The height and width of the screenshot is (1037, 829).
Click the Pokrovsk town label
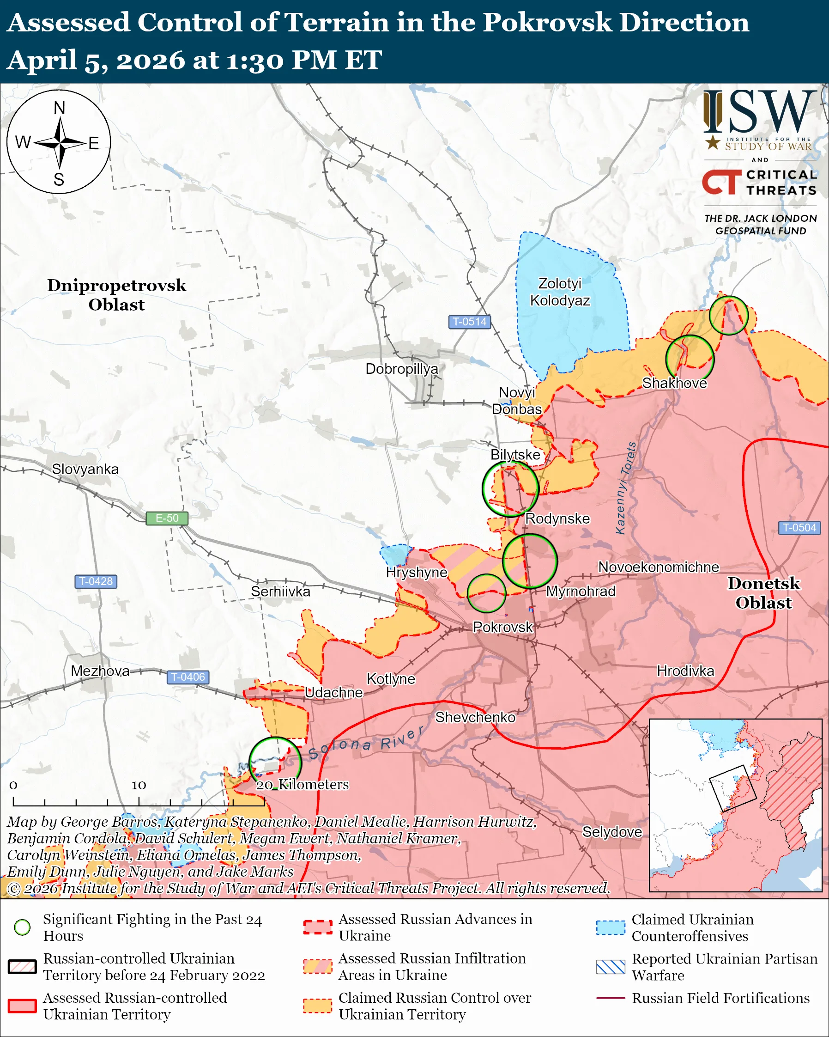502,627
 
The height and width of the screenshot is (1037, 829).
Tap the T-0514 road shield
469,322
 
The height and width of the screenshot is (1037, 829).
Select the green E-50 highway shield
167,518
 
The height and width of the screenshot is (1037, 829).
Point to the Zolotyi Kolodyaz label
560,292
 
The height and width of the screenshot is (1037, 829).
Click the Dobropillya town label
402,369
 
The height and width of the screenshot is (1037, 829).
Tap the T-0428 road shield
96,581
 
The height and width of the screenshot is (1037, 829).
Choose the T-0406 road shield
188,677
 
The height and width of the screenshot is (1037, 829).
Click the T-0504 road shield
799,528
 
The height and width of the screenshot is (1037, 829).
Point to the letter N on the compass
59,108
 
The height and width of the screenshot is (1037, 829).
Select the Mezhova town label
100,671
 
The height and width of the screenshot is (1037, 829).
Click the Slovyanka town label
85,469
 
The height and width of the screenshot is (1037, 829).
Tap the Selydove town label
612,832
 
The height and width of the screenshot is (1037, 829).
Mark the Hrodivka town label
685,671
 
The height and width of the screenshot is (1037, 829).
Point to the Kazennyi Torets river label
626,488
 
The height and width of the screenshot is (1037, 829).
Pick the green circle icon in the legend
23,927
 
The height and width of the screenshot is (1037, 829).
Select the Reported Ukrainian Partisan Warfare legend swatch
611,967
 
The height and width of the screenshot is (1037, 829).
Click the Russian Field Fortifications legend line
611,998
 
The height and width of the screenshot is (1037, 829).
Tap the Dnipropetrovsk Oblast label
116,295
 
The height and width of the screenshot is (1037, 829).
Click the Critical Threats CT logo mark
722,182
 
